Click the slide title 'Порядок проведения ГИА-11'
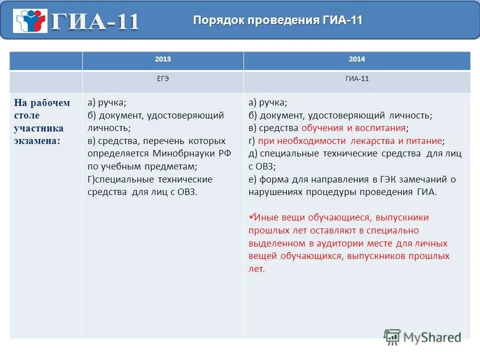coord(277,20)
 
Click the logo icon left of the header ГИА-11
coord(31,21)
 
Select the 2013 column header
coord(162,59)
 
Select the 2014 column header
coord(356,59)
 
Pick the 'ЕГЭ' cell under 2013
coord(162,79)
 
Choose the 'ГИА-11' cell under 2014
coord(356,79)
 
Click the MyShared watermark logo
coord(422,337)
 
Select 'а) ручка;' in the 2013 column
coord(106,102)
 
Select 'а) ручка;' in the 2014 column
coord(267,102)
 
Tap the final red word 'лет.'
coord(256,269)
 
